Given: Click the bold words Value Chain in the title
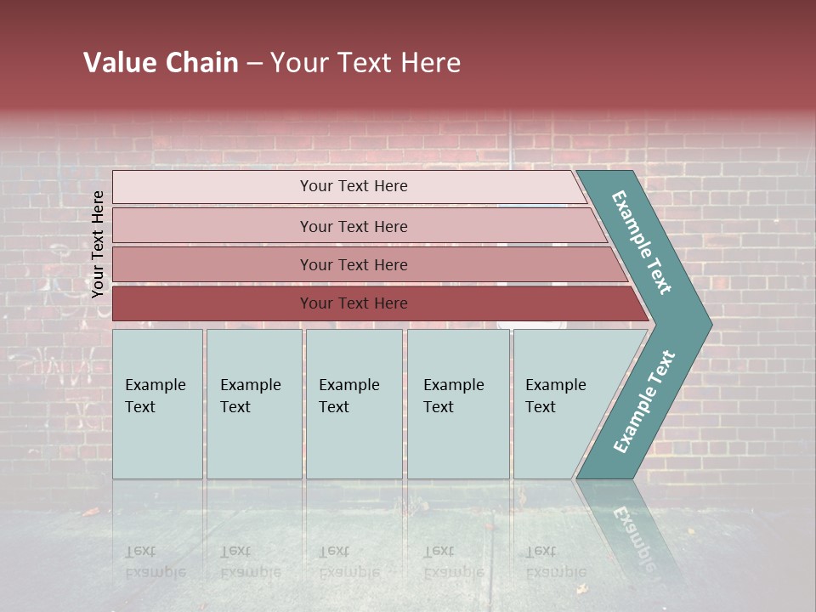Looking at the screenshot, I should point(161,63).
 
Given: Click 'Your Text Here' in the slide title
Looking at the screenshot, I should point(365,63).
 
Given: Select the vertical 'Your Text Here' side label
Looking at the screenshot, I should point(98,244).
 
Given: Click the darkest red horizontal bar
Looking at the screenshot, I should point(212,303).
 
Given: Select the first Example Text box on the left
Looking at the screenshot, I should point(157,404).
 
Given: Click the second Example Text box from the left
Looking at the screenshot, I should point(253,404).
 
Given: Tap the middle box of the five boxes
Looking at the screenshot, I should point(354,404).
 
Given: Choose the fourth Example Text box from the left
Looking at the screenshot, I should point(458,404).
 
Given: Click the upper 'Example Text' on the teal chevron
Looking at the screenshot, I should point(642,242).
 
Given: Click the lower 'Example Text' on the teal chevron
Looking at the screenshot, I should point(644,402).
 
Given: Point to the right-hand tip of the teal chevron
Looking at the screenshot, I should point(709,324).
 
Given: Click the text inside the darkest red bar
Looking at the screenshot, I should point(354,303).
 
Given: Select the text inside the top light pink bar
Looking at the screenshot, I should point(354,186).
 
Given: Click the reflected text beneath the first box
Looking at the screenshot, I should point(155,561).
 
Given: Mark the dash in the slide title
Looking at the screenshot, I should point(254,64).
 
